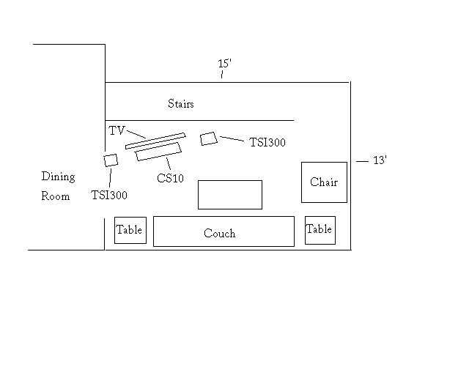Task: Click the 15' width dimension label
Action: pos(225,64)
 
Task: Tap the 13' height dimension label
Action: pos(380,160)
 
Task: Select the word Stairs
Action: pos(181,104)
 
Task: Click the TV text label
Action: pos(117,131)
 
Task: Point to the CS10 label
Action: pos(169,178)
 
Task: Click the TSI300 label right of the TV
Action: pos(267,142)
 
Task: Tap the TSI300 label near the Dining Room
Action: pos(109,195)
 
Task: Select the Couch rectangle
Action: pos(224,231)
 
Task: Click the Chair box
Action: pos(324,182)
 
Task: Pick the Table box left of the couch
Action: pos(130,230)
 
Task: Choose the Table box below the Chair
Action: pos(320,230)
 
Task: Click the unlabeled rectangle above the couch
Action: pos(229,194)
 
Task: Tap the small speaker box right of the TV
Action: pos(209,138)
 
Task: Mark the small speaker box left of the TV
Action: pos(111,160)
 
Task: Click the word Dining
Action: pos(58,177)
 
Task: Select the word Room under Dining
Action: pos(56,196)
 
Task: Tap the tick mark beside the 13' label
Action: pos(361,160)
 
